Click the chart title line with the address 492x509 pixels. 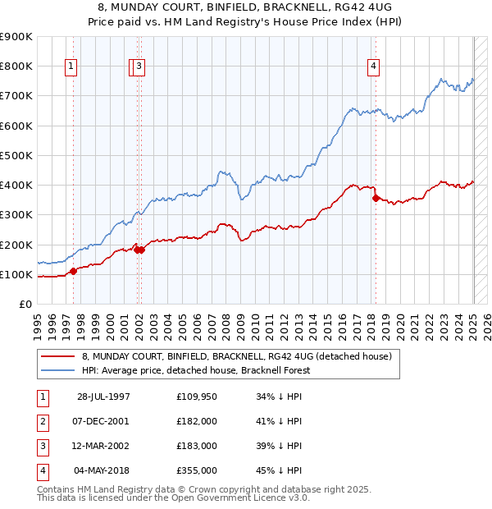[245, 7]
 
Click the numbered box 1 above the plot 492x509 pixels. [71, 67]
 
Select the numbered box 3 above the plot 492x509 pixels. [139, 67]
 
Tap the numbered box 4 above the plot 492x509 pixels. [373, 67]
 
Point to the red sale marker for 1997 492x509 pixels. [73, 271]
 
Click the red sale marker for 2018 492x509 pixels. [376, 198]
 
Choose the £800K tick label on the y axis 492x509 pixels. [16, 66]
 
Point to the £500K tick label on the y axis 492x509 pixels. [16, 155]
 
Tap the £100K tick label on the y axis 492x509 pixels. [16, 274]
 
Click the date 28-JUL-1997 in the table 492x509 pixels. [104, 397]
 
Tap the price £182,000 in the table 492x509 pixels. [197, 421]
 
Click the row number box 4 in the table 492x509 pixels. [42, 470]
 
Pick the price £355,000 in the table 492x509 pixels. [197, 470]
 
